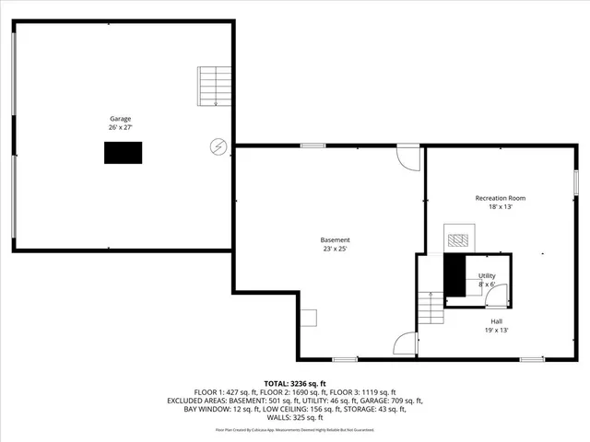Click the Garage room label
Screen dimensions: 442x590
click(x=121, y=119)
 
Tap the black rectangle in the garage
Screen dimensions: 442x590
click(x=123, y=153)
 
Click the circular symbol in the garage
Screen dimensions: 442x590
click(x=218, y=145)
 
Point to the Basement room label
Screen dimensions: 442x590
click(x=335, y=239)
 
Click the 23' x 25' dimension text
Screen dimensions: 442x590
click(x=335, y=249)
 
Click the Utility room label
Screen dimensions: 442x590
click(x=487, y=275)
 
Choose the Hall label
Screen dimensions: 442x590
click(x=496, y=320)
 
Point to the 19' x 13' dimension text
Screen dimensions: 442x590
click(x=496, y=330)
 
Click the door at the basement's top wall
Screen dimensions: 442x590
click(x=407, y=156)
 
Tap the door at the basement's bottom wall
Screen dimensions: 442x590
click(x=404, y=345)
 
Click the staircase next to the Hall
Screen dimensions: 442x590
click(x=430, y=308)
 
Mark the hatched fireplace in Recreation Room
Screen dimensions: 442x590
click(x=458, y=239)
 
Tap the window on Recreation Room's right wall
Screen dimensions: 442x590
click(x=575, y=180)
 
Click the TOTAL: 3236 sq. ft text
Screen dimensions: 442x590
click(x=295, y=383)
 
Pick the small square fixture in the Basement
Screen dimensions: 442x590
click(x=309, y=318)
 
